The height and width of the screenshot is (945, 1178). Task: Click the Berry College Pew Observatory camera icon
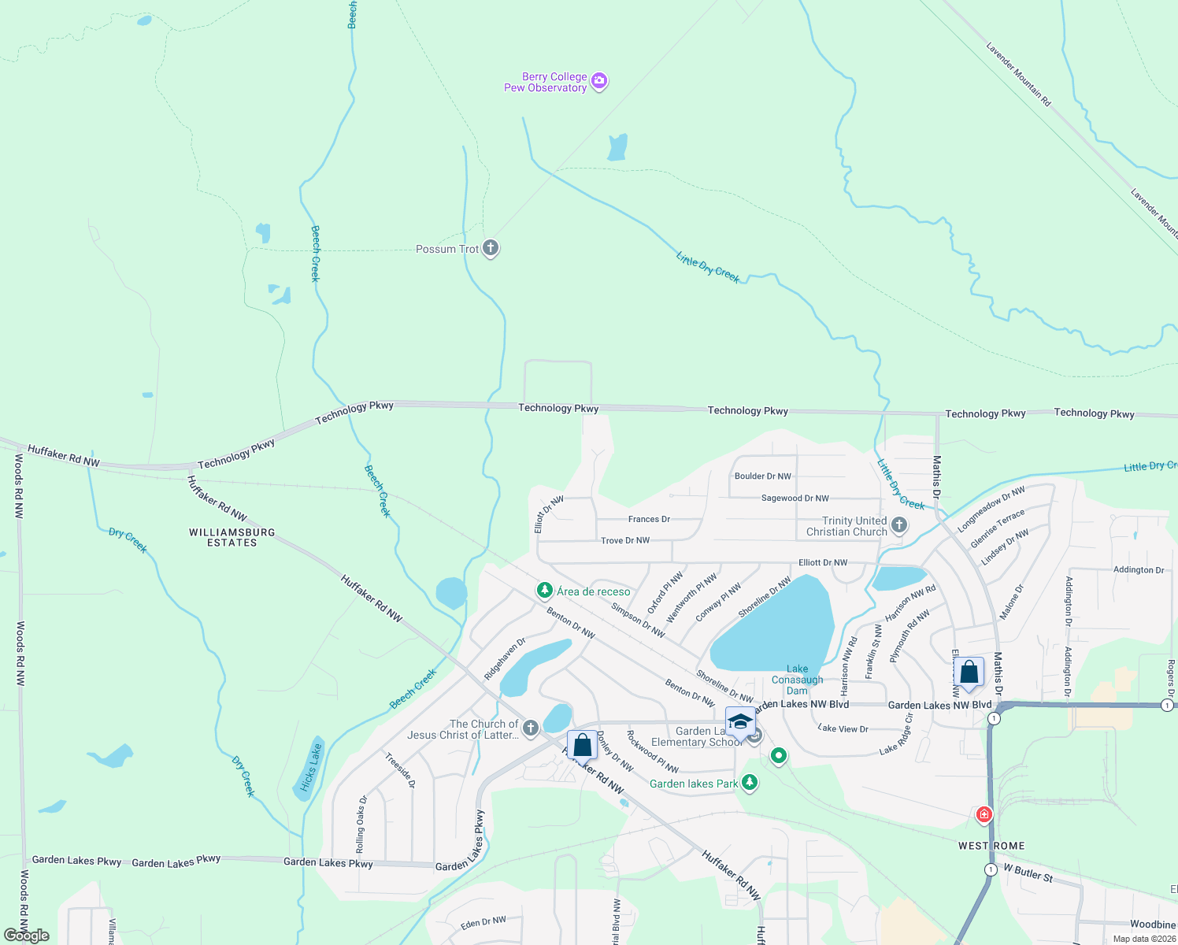pos(599,81)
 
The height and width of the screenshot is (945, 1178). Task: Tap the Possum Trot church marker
pos(490,249)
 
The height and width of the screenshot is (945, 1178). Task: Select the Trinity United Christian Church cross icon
pos(899,526)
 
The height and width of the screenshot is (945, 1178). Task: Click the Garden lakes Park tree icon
pos(750,783)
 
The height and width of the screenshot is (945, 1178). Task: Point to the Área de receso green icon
pos(544,591)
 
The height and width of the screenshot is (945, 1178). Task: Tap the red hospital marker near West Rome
pos(984,813)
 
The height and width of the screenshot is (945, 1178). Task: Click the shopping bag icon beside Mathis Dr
pos(969,673)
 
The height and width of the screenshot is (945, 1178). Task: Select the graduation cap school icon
pos(740,721)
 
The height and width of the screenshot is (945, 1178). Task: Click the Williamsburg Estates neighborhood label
pos(232,538)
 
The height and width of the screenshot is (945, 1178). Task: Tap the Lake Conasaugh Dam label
pos(797,680)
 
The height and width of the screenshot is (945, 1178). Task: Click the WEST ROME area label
pos(991,846)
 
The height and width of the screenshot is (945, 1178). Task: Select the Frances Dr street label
pos(649,519)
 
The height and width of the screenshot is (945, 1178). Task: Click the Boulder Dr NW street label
pos(762,476)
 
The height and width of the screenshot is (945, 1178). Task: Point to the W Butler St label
pos(1028,873)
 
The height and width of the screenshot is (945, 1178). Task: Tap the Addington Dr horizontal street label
pos(1139,569)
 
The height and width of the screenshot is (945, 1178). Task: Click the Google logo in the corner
pos(26,936)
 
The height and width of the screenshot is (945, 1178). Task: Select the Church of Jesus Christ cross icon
pos(531,728)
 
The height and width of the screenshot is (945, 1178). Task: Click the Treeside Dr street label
pos(400,769)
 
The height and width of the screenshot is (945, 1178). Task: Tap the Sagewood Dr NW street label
pos(795,498)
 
